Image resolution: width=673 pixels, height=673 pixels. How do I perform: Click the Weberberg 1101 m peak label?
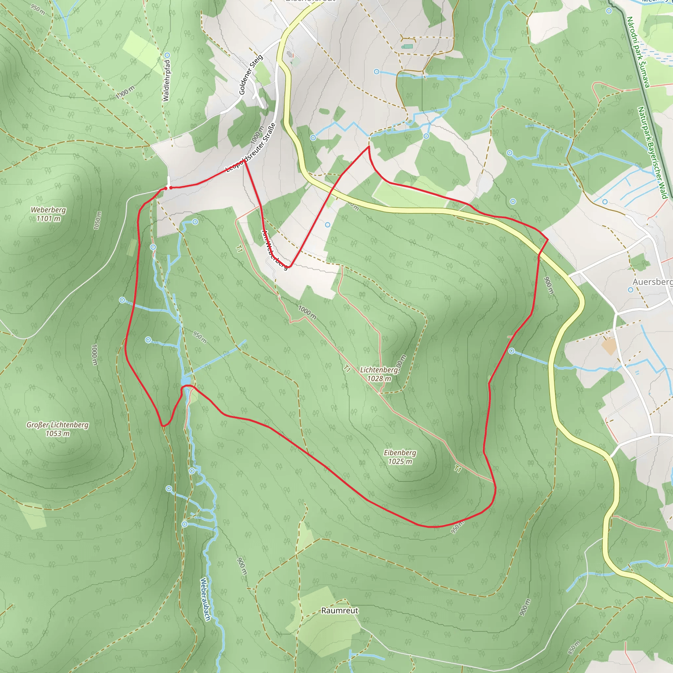[x=48, y=214]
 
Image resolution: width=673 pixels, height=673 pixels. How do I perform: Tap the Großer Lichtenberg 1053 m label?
[x=58, y=429]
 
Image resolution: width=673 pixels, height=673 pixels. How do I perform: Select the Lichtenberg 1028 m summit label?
[x=379, y=374]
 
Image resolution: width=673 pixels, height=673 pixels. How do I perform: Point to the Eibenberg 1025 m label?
[x=400, y=457]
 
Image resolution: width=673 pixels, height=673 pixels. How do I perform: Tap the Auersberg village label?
[x=652, y=282]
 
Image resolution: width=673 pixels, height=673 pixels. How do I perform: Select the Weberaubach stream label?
[x=205, y=599]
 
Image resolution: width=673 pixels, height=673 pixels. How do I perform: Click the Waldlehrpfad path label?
[x=167, y=81]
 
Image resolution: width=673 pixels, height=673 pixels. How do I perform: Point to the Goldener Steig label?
[x=251, y=74]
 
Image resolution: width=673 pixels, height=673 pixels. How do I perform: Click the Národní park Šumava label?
[x=638, y=52]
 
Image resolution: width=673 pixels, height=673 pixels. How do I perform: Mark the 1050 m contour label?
[x=98, y=220]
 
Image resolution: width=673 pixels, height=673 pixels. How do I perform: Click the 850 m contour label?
[x=574, y=648]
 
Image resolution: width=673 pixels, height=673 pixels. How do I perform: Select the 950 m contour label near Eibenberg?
[x=457, y=528]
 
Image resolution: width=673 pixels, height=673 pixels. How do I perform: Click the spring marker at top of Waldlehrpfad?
[x=167, y=55]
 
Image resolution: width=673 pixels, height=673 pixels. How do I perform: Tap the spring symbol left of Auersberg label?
[x=631, y=290]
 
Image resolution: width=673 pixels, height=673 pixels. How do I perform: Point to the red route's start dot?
[x=171, y=188]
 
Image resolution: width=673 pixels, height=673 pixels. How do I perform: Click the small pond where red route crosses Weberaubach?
[x=185, y=381]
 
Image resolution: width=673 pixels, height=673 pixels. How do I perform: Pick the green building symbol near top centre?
[x=407, y=46]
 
